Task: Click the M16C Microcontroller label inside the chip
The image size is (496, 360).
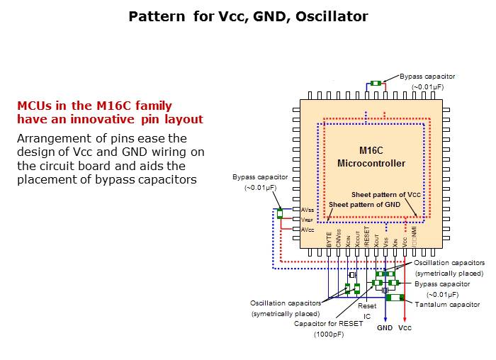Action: tap(371, 157)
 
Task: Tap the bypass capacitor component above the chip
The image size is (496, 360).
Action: tap(376, 84)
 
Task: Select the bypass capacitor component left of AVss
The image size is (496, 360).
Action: tap(280, 213)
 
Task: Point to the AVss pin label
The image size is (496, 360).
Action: tap(308, 210)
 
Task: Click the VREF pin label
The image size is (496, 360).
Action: tap(308, 220)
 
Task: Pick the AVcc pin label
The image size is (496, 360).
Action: tap(308, 230)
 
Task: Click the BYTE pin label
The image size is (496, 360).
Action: tap(329, 238)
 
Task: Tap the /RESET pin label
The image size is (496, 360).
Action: tap(367, 236)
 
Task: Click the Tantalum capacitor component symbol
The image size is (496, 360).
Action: tap(395, 297)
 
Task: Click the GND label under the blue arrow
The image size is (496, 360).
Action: tap(385, 328)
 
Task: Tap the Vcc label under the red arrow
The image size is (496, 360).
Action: tap(405, 328)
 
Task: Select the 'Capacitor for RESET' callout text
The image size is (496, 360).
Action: tap(328, 323)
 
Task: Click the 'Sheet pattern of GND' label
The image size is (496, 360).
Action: tap(364, 205)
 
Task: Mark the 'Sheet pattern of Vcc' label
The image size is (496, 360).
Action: tap(386, 194)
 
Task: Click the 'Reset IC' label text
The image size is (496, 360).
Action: tap(368, 312)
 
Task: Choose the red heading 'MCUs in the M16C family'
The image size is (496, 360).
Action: tap(94, 106)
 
